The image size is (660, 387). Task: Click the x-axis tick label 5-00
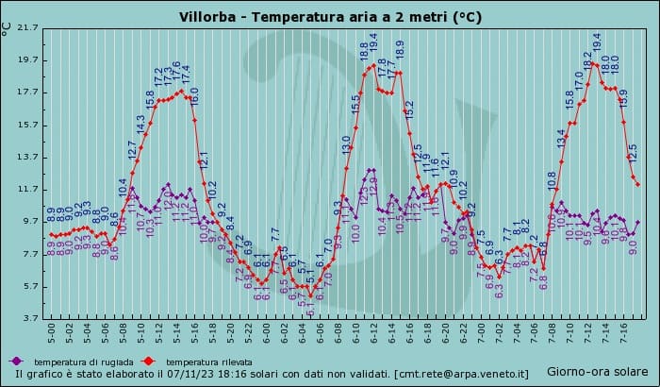[52, 335]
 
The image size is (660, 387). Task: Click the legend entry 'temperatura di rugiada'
[80, 362]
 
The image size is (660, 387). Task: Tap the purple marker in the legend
[15, 361]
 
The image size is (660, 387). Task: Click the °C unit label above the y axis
[8, 27]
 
